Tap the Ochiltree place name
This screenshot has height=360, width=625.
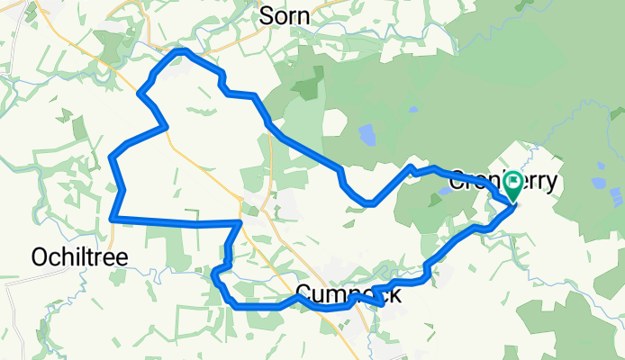tap(79, 256)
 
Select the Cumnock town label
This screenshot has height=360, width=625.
tap(348, 294)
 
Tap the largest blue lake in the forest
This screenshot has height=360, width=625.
tap(368, 136)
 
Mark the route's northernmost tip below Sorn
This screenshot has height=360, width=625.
tap(181, 51)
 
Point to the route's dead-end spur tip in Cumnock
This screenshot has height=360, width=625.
tap(384, 304)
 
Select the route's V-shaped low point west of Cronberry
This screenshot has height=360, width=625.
tap(369, 204)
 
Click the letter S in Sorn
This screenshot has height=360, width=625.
tap(267, 15)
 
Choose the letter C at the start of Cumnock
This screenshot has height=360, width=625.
tap(303, 294)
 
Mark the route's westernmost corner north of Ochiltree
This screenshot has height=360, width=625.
tap(112, 158)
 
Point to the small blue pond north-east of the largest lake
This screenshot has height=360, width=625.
tap(412, 110)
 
